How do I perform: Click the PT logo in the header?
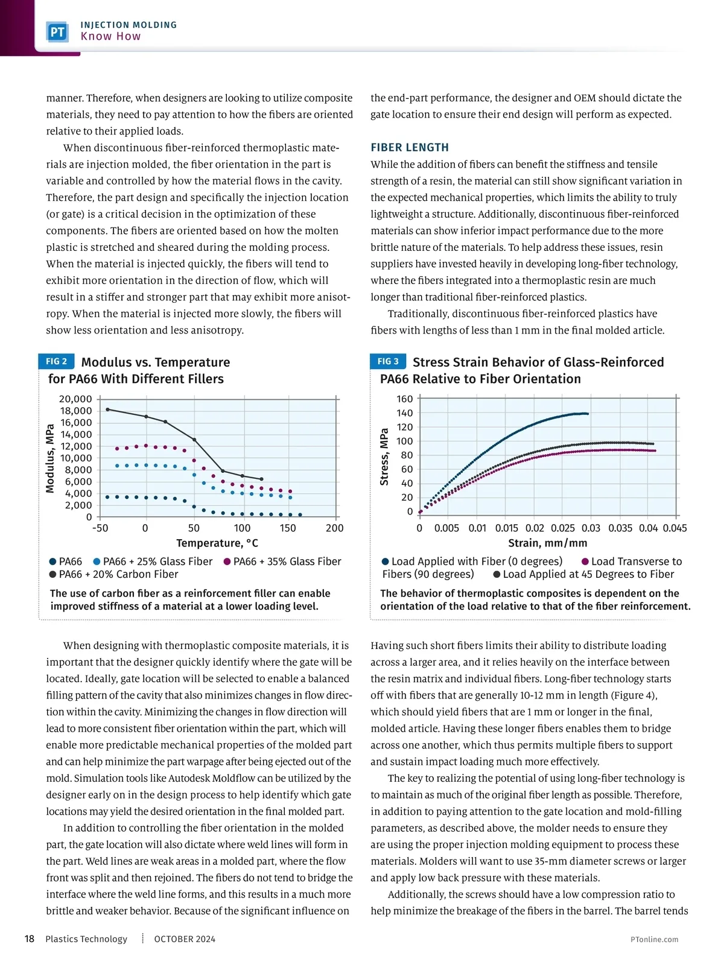tap(57, 31)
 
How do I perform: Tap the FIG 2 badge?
tap(56, 361)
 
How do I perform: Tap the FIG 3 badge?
tap(387, 361)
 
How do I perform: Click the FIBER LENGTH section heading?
tap(410, 147)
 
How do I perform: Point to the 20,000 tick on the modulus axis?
tap(75, 399)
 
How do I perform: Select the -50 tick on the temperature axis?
tap(100, 528)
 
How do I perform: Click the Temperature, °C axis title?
tap(217, 543)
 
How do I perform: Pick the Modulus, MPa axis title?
tap(50, 458)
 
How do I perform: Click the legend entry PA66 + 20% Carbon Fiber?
tap(114, 574)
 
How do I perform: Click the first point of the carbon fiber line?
tap(107, 410)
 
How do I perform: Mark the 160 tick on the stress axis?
tap(405, 399)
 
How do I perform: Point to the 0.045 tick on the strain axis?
tap(675, 528)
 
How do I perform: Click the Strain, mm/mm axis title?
tap(547, 543)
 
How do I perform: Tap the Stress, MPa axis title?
tap(384, 457)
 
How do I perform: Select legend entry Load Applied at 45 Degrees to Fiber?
tap(583, 574)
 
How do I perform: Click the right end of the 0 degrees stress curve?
tap(587, 414)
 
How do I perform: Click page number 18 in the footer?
tap(29, 938)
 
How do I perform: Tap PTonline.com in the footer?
tap(654, 939)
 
